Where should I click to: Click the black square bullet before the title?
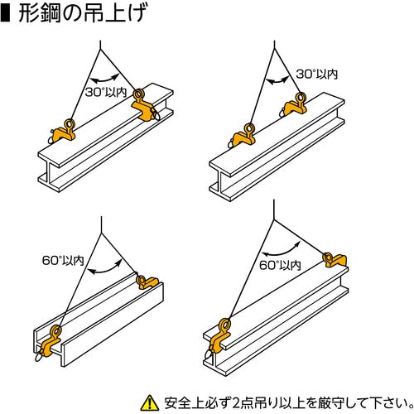pos(5,14)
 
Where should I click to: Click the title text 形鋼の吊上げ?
pos(82,13)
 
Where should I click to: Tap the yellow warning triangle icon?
pos(150,402)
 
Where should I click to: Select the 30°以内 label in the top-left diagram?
pos(106,92)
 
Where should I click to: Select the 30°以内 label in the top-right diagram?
pos(317,74)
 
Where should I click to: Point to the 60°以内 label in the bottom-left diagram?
pos(63,260)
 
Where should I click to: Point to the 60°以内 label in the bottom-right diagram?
pos(280,265)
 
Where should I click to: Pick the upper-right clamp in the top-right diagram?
pos(294,104)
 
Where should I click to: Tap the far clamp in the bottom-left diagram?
pos(147,282)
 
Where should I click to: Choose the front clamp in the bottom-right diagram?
pos(220,339)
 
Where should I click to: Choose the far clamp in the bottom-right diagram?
pos(335,260)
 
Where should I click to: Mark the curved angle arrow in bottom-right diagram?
pos(281,252)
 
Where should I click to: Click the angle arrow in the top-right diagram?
pos(277,80)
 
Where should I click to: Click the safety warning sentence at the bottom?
pos(288,403)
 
